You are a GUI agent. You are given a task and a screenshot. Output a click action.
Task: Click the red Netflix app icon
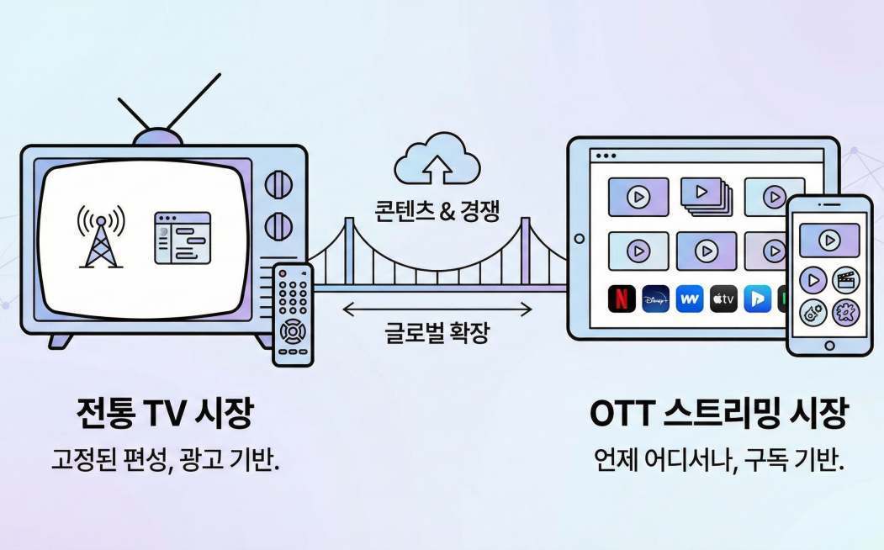[622, 299]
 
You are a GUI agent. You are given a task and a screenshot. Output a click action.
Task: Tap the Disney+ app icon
[656, 299]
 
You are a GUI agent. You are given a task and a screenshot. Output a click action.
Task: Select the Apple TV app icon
[723, 299]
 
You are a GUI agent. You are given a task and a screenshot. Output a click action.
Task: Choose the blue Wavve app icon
[690, 299]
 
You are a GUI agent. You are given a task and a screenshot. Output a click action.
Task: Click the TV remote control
[293, 314]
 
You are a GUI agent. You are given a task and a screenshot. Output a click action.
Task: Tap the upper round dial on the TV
[278, 185]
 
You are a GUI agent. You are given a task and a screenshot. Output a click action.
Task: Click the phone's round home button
[829, 345]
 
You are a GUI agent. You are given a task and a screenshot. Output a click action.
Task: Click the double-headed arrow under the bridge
[437, 309]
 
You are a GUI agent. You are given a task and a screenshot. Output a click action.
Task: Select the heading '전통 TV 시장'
[164, 413]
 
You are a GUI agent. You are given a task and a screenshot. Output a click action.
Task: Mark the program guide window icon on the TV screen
[182, 235]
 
